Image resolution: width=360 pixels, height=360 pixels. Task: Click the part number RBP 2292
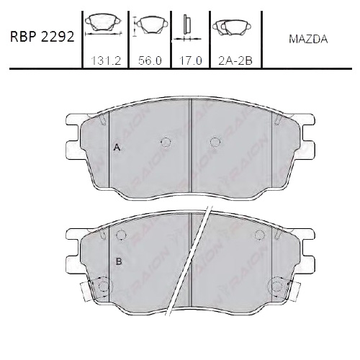click(42, 37)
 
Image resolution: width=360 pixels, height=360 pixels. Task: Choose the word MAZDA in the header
click(307, 40)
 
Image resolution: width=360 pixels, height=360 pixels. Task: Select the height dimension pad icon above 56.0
click(150, 27)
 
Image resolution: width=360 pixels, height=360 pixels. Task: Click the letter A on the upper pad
click(116, 148)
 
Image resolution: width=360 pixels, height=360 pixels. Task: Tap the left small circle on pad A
click(166, 142)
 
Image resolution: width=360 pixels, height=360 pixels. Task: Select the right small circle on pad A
click(213, 142)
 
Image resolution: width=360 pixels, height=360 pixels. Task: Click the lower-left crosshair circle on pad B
click(102, 288)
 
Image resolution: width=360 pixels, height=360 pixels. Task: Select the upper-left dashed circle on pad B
click(121, 235)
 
